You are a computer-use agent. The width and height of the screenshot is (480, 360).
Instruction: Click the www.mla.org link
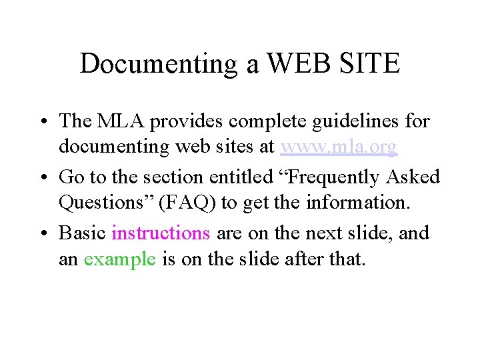tap(339, 147)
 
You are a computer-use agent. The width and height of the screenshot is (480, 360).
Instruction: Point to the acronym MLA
tap(121, 121)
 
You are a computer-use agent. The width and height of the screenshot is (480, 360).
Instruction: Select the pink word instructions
tap(161, 233)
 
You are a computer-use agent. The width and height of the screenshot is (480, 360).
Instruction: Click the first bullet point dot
tap(42, 122)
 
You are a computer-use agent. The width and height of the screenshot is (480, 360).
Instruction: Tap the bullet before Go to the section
tap(42, 178)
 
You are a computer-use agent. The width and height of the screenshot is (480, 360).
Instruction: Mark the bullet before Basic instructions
tap(42, 234)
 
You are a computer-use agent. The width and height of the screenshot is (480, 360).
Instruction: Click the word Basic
tap(83, 233)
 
